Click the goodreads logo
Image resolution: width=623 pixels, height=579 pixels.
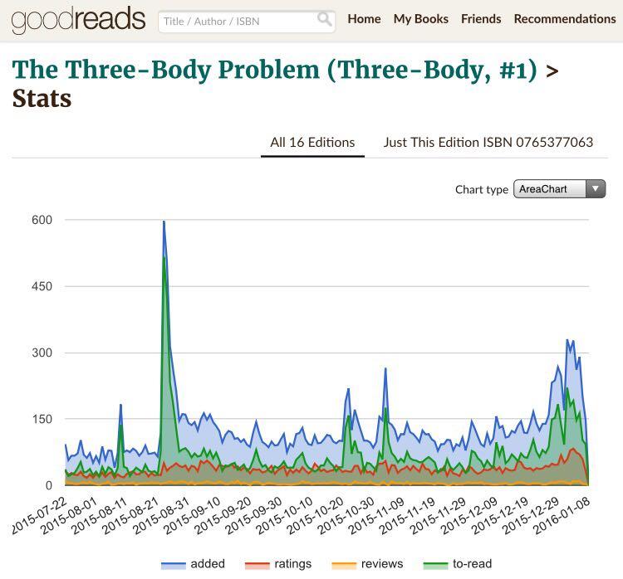78,19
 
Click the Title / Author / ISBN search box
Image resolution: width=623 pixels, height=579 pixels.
237,21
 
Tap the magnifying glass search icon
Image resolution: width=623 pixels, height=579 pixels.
325,20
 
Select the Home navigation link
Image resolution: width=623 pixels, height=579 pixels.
364,19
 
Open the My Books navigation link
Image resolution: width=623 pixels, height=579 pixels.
420,19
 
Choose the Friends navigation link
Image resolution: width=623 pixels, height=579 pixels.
481,19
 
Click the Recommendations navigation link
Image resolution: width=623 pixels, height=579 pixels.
565,19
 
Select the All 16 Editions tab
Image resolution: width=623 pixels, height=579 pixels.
312,143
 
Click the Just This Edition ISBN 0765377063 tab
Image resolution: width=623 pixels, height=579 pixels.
488,143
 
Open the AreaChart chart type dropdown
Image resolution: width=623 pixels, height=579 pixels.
559,189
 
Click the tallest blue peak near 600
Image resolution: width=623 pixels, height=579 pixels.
164,222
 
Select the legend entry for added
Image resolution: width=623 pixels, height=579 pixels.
207,564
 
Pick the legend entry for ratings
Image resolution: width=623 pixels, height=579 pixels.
292,564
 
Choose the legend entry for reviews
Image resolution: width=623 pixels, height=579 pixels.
381,564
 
